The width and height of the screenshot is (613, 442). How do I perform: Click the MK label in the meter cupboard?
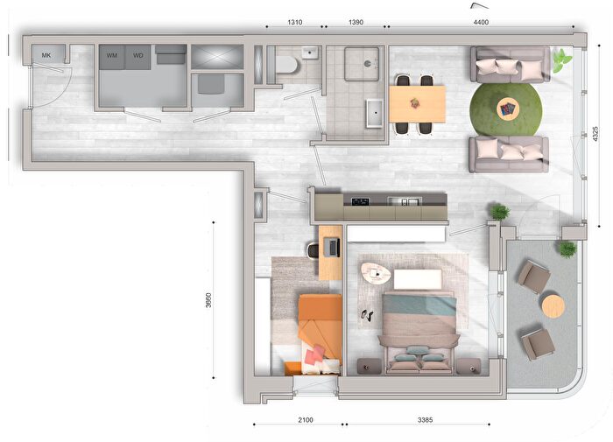pos(46,55)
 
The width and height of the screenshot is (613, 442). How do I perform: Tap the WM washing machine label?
pos(112,55)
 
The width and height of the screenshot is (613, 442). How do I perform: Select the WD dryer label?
pos(138,55)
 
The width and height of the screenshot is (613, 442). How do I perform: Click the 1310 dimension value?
pos(295,22)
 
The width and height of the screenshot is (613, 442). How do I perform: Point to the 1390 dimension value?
pos(356,22)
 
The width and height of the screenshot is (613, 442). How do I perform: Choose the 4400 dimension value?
pos(481,22)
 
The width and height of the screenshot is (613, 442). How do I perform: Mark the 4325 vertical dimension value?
pos(595,134)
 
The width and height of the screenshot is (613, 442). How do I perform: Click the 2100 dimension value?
pos(306,420)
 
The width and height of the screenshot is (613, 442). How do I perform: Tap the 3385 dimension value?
pos(426,420)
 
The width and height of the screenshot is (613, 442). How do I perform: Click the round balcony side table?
pos(553,305)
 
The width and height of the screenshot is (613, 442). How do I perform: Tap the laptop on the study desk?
pos(332,248)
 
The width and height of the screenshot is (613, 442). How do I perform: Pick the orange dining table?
pos(418,103)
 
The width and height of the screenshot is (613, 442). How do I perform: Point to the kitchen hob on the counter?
pos(360,201)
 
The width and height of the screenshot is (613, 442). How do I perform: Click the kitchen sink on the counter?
pos(405,201)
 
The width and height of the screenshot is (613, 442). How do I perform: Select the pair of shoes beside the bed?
pos(366,315)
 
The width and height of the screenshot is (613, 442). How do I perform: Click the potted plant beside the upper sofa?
pos(561,60)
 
